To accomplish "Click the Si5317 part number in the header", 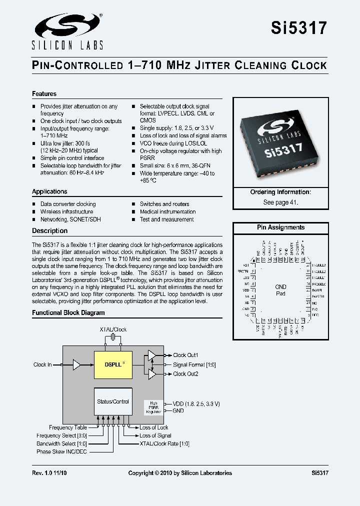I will point(299,27).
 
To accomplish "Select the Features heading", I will point(44,94).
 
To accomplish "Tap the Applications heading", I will point(49,191).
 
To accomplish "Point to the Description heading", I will point(49,230).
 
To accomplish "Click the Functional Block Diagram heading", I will point(68,312).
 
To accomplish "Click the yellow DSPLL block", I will point(113,364).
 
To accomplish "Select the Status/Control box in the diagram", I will point(113,401).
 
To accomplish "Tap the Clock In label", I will point(42,364).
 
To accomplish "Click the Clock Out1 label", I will point(185,355).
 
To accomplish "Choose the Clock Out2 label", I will point(185,373).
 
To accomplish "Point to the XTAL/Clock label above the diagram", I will point(113,329).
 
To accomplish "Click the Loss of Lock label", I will point(153,427).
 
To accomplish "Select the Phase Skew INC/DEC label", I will point(61,451).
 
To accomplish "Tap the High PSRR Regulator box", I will point(153,406).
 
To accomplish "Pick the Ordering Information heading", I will point(280,192).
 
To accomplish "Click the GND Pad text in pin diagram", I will point(280,290).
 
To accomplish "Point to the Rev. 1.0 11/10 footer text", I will point(49,472).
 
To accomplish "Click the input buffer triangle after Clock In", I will point(76,364).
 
